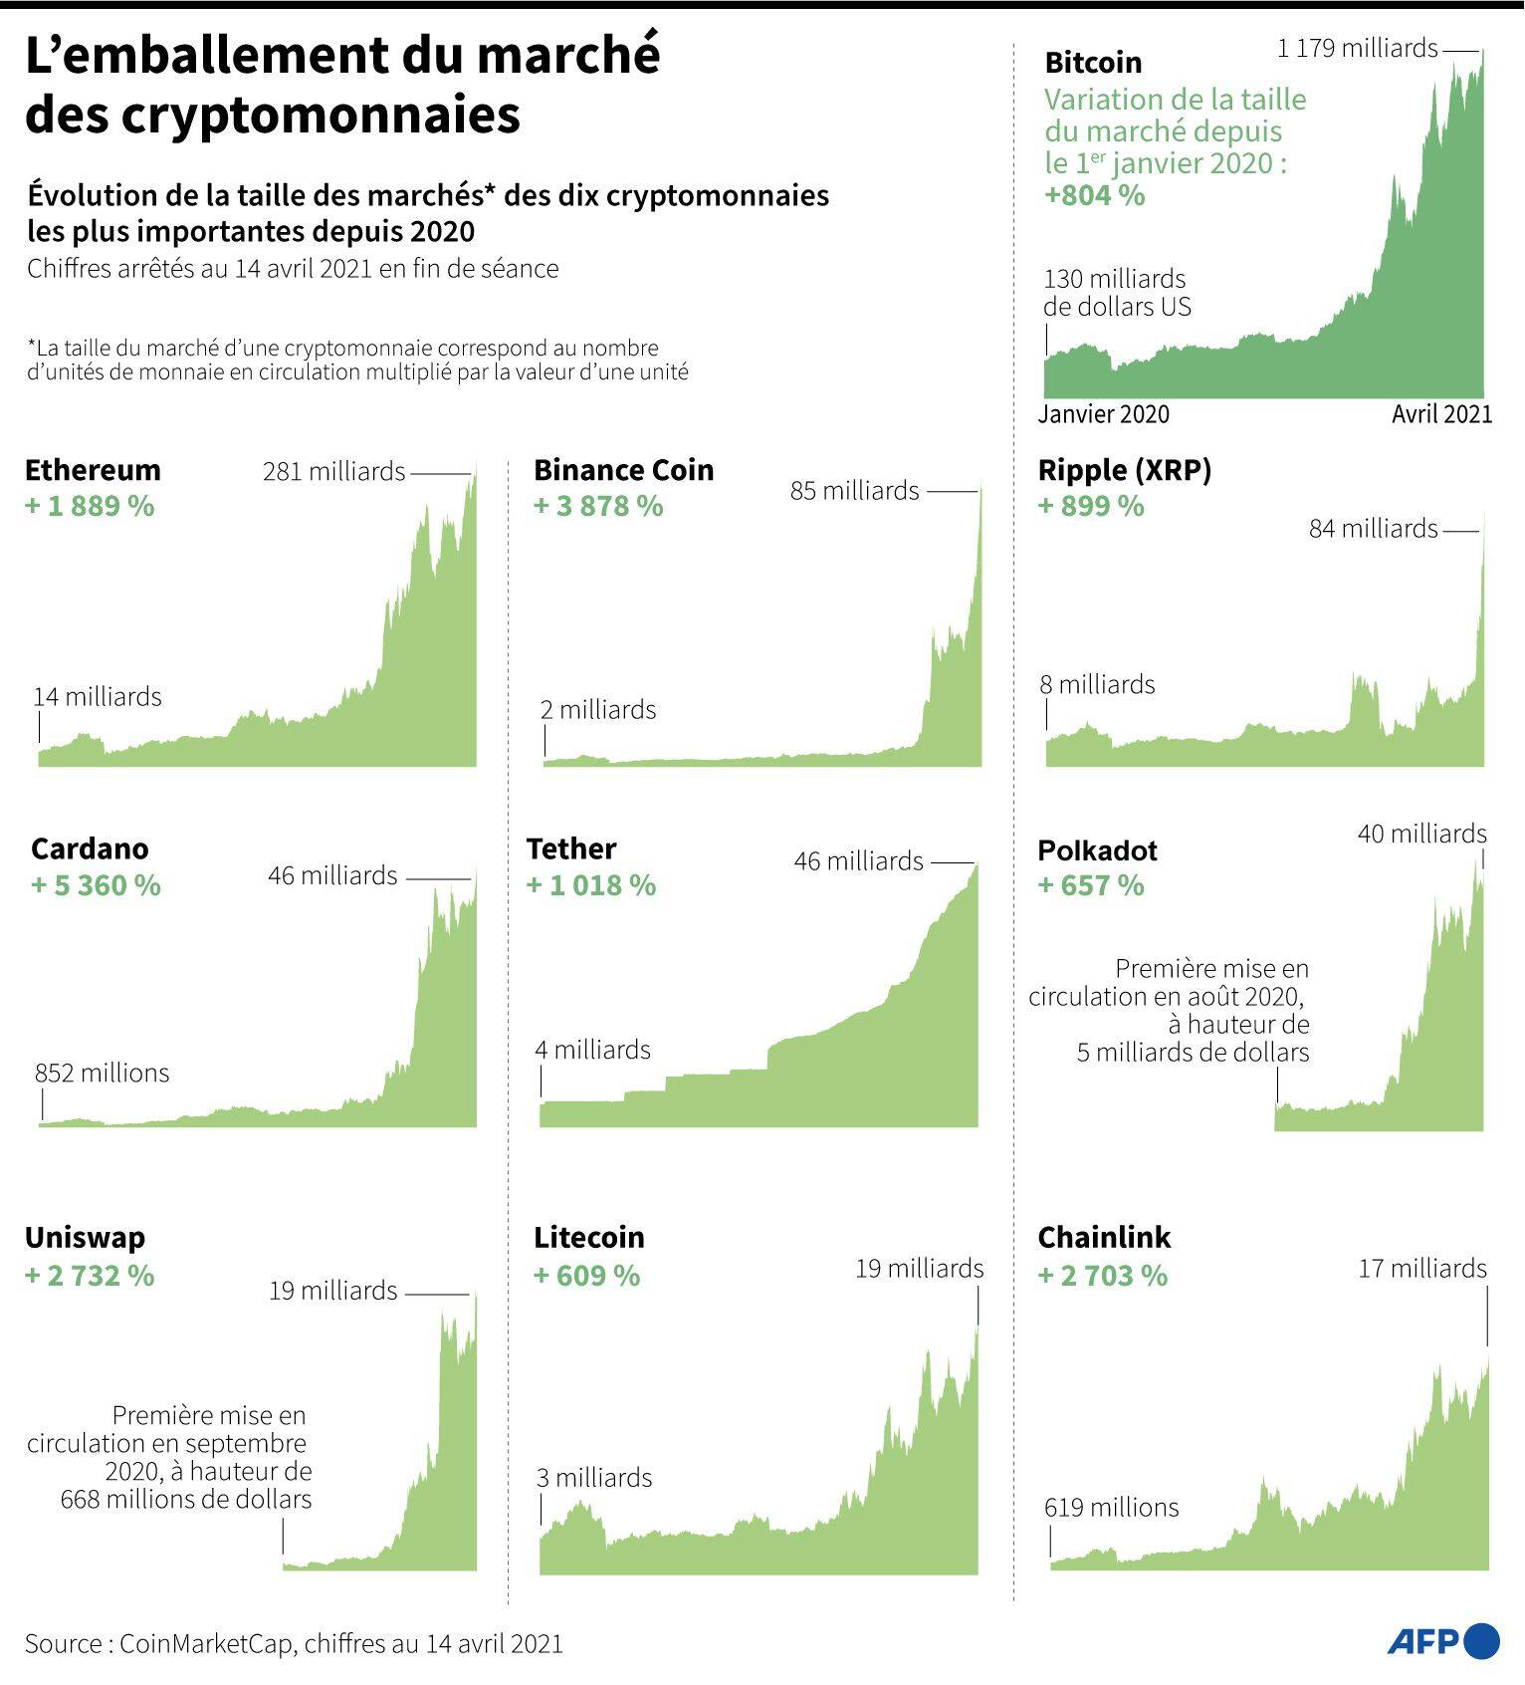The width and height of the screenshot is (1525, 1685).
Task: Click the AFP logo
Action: click(x=1443, y=1641)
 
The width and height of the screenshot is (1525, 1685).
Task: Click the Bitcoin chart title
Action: click(x=1093, y=63)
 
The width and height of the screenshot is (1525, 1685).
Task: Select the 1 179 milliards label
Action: click(x=1357, y=48)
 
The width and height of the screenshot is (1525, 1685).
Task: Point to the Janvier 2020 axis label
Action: click(x=1103, y=414)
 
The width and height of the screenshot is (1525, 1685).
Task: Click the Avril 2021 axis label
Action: click(x=1441, y=414)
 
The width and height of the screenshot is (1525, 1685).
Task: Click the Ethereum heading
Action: click(x=93, y=470)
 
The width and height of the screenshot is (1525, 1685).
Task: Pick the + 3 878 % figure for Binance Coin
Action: click(x=598, y=506)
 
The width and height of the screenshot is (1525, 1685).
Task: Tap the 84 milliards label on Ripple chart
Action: click(x=1373, y=529)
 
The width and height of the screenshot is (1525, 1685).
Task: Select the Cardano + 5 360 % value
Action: click(x=96, y=885)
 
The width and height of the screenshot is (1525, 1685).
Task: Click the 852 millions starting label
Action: click(x=102, y=1073)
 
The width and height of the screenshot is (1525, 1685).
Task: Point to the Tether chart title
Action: click(x=571, y=848)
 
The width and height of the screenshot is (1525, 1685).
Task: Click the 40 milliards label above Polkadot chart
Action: click(x=1421, y=834)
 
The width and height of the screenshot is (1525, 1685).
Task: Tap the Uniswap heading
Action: click(x=85, y=1238)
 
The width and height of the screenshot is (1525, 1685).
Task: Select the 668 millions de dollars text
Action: click(x=185, y=1499)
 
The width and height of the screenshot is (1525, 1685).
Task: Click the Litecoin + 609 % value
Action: click(x=586, y=1276)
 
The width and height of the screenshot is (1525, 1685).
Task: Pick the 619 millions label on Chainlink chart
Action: click(x=1111, y=1508)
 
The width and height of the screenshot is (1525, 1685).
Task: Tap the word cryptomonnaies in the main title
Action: click(x=322, y=115)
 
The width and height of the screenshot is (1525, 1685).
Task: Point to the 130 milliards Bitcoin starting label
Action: click(x=1114, y=279)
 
